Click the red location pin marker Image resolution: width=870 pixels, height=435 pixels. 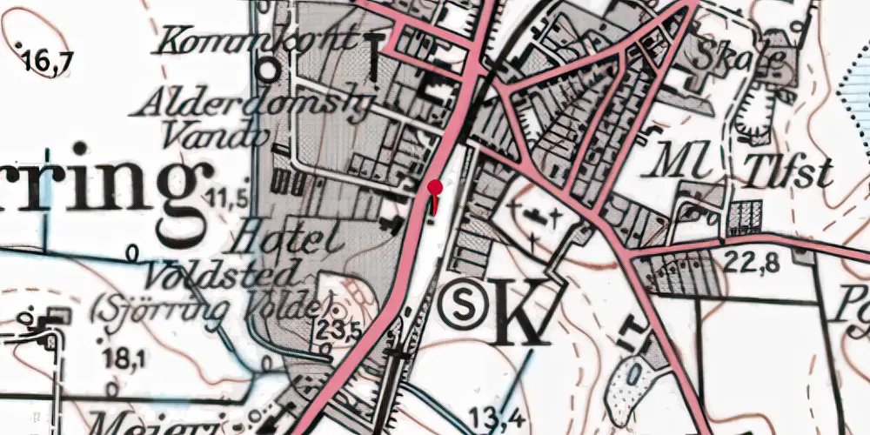point(435,188)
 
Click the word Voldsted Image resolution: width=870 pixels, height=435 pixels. point(223,276)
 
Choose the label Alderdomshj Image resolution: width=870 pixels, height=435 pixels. point(251,104)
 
